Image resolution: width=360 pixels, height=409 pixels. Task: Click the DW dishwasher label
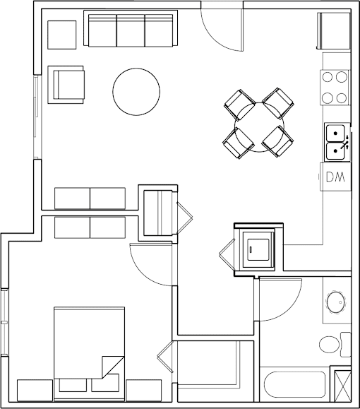335,177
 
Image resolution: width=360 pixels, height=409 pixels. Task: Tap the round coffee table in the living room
136,92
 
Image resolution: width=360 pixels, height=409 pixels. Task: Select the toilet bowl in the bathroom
329,345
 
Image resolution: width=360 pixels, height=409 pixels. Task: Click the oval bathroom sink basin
336,302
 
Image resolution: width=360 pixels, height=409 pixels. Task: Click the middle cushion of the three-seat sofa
131,30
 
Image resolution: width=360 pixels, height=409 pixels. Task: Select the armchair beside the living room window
66,85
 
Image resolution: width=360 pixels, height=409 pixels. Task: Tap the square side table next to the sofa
62,35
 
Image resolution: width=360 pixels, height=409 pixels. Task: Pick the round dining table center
259,127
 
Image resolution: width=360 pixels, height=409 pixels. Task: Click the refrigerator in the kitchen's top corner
333,31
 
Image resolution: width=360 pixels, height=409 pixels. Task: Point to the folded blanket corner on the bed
113,367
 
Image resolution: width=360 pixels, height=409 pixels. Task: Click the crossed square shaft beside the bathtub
342,386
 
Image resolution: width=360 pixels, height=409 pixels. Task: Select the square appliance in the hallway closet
258,249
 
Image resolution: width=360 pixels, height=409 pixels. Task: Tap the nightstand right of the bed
143,391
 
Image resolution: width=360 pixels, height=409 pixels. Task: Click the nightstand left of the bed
35,391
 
